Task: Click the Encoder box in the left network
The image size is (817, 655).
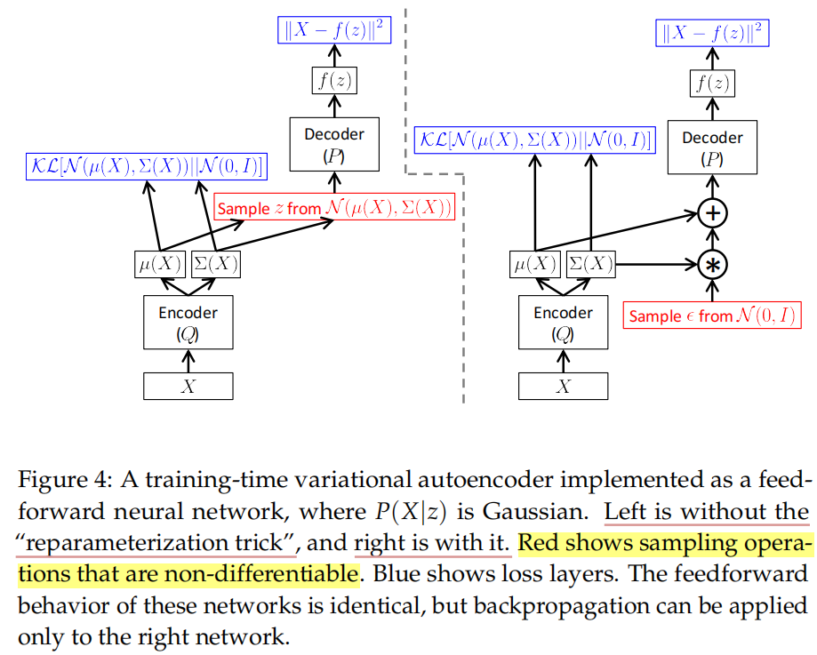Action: coord(188,323)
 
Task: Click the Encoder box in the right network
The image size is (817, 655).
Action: coord(563,323)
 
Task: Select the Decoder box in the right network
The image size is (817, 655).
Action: coord(711,148)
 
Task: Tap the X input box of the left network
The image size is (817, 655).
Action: coord(188,386)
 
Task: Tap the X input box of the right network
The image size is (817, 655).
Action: coord(563,386)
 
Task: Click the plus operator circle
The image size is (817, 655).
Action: coord(711,213)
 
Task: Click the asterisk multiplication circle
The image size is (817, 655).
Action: coord(711,264)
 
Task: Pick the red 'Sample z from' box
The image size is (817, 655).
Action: coord(335,209)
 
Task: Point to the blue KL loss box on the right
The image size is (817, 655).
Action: coord(533,140)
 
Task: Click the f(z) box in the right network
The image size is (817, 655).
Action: coord(711,84)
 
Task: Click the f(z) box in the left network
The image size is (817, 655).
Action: coord(334,81)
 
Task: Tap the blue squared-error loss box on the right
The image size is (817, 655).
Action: coord(711,34)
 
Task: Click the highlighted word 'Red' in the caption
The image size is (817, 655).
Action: coord(541,543)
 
